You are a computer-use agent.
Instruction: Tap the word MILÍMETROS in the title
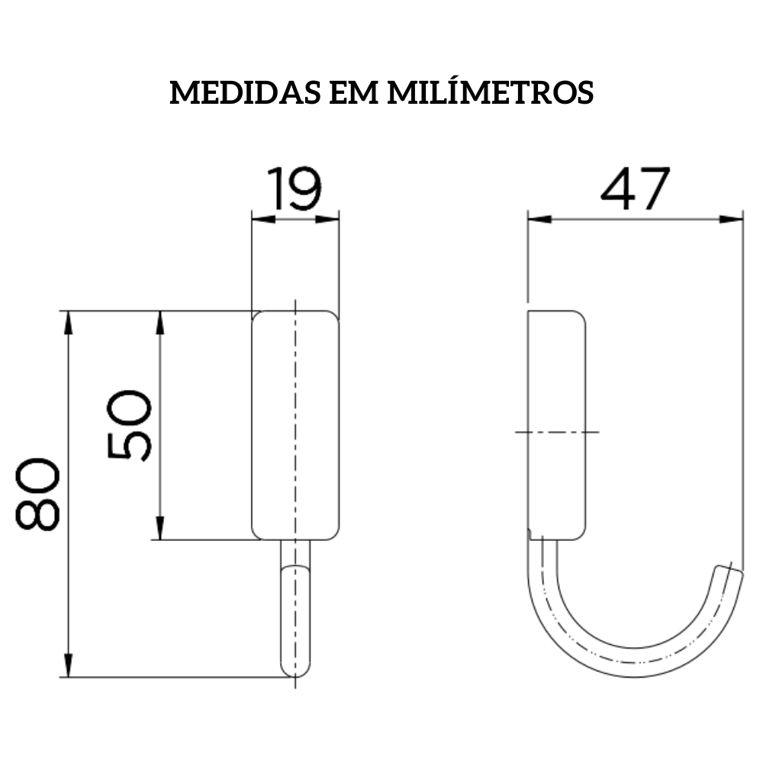(x=491, y=92)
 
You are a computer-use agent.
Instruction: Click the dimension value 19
(x=294, y=190)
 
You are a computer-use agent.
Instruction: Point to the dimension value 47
(x=635, y=190)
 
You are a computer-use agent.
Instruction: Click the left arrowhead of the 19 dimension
(x=262, y=220)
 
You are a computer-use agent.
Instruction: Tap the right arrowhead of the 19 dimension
(x=329, y=220)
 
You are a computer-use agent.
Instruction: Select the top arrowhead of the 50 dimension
(x=159, y=322)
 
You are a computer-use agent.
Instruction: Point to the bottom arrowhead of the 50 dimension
(x=159, y=529)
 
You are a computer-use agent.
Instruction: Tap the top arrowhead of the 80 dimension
(x=69, y=322)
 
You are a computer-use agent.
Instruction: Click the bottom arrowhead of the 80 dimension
(x=69, y=665)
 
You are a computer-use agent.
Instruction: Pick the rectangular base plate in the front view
(x=295, y=425)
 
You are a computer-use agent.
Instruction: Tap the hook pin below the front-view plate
(x=295, y=610)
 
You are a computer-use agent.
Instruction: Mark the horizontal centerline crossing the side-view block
(x=557, y=432)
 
